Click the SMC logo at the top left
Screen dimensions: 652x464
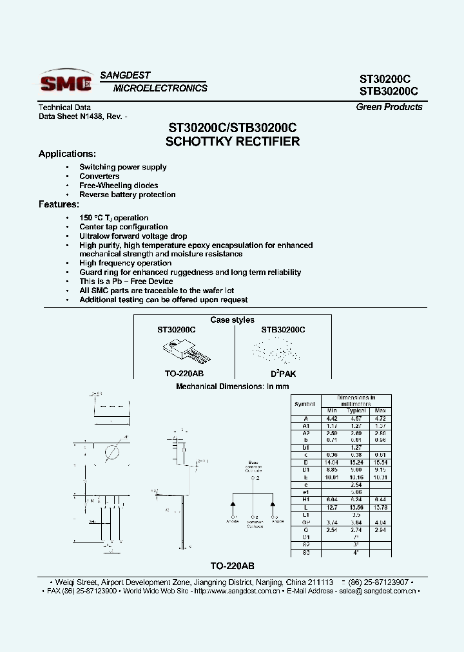click(x=66, y=82)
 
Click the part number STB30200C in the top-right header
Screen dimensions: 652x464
click(x=389, y=91)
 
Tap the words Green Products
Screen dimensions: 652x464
click(x=389, y=107)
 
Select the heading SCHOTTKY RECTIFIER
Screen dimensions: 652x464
click(x=233, y=142)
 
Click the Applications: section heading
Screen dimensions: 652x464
click(x=67, y=154)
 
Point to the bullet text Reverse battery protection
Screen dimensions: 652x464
click(x=128, y=195)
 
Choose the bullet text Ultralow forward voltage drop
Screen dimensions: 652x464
click(x=133, y=236)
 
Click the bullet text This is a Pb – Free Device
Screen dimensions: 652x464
click(x=126, y=282)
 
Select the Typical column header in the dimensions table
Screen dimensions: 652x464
click(x=356, y=410)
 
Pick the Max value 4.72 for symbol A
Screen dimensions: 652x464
click(x=380, y=417)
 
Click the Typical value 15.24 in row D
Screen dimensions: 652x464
click(x=356, y=463)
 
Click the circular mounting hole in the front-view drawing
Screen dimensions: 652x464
click(x=111, y=452)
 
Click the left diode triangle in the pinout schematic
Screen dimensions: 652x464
click(x=233, y=503)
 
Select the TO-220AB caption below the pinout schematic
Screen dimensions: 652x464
click(x=233, y=566)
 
